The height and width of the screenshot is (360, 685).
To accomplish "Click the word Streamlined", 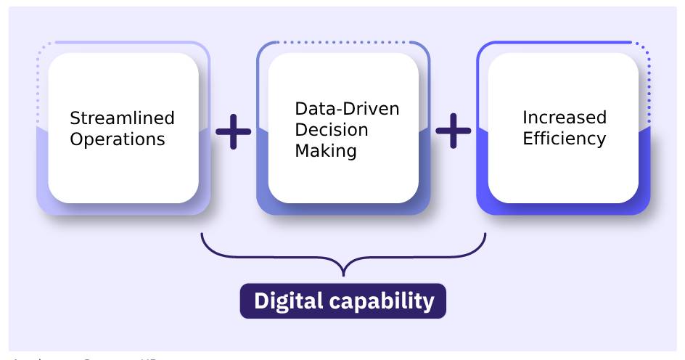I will click(x=122, y=118).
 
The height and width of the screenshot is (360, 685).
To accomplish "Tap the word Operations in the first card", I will click(x=117, y=139).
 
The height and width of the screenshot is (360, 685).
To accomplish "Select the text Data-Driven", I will click(x=347, y=109).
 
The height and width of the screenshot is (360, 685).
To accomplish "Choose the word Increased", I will click(x=565, y=118).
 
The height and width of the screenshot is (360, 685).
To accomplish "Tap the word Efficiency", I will click(x=564, y=139).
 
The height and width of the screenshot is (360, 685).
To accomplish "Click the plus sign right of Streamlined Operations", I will click(x=234, y=131).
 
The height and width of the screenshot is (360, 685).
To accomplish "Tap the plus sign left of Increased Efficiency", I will click(x=453, y=131).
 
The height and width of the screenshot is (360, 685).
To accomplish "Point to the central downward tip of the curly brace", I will click(x=342, y=274).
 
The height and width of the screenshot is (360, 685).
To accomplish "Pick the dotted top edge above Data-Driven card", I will click(x=341, y=42).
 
